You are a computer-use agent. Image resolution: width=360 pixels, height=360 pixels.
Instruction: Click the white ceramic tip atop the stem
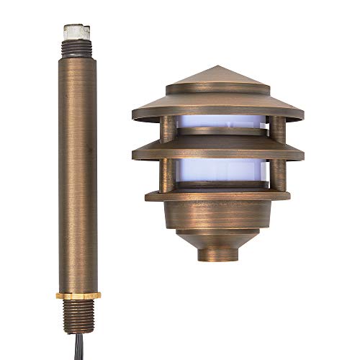pyautogui.click(x=76, y=31)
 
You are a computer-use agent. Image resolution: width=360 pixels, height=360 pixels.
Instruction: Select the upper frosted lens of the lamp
pyautogui.click(x=217, y=127)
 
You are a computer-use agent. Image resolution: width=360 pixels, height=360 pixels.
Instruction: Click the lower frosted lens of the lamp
pyautogui.click(x=217, y=172)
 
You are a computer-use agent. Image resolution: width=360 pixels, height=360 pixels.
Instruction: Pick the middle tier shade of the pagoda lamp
pyautogui.click(x=217, y=149)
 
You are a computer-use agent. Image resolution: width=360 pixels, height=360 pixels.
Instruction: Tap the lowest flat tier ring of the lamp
pyautogui.click(x=217, y=195)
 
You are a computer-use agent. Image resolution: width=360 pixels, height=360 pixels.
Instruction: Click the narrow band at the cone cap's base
pyautogui.click(x=217, y=90)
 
